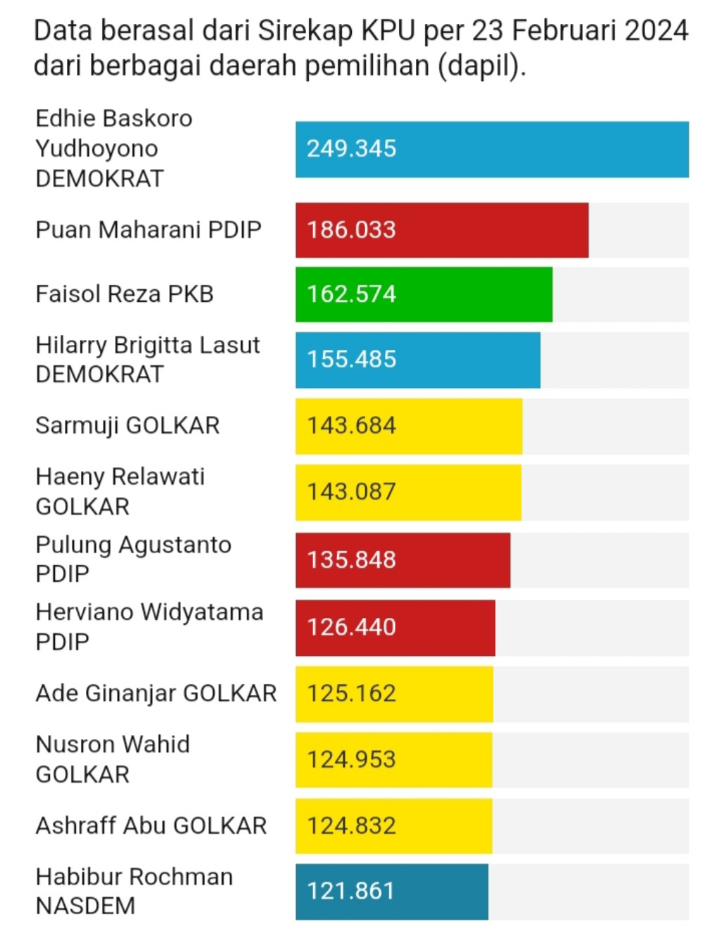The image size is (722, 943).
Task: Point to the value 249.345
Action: coord(351,149)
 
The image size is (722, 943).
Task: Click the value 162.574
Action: coord(351,294)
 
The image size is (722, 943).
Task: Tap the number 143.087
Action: coord(351,492)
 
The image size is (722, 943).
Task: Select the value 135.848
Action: coord(351,560)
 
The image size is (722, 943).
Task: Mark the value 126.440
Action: coord(351,627)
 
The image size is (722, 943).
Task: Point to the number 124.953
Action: coord(351,760)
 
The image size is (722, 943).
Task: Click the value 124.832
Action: coord(351,826)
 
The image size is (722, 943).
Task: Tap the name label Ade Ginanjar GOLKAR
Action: coord(156,693)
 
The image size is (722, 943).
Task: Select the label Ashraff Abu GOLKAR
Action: coord(151,826)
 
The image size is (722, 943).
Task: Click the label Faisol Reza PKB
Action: coord(124,294)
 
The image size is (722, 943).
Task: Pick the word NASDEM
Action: coord(85,906)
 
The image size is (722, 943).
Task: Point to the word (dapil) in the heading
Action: coord(482,66)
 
